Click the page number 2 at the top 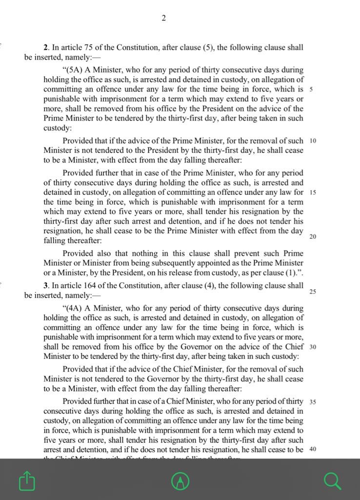point(164,19)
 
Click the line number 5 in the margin point(312,89)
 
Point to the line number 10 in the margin point(313,141)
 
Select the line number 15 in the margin point(313,192)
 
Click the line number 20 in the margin point(313,236)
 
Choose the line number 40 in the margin point(313,449)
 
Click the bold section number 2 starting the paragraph point(46,48)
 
